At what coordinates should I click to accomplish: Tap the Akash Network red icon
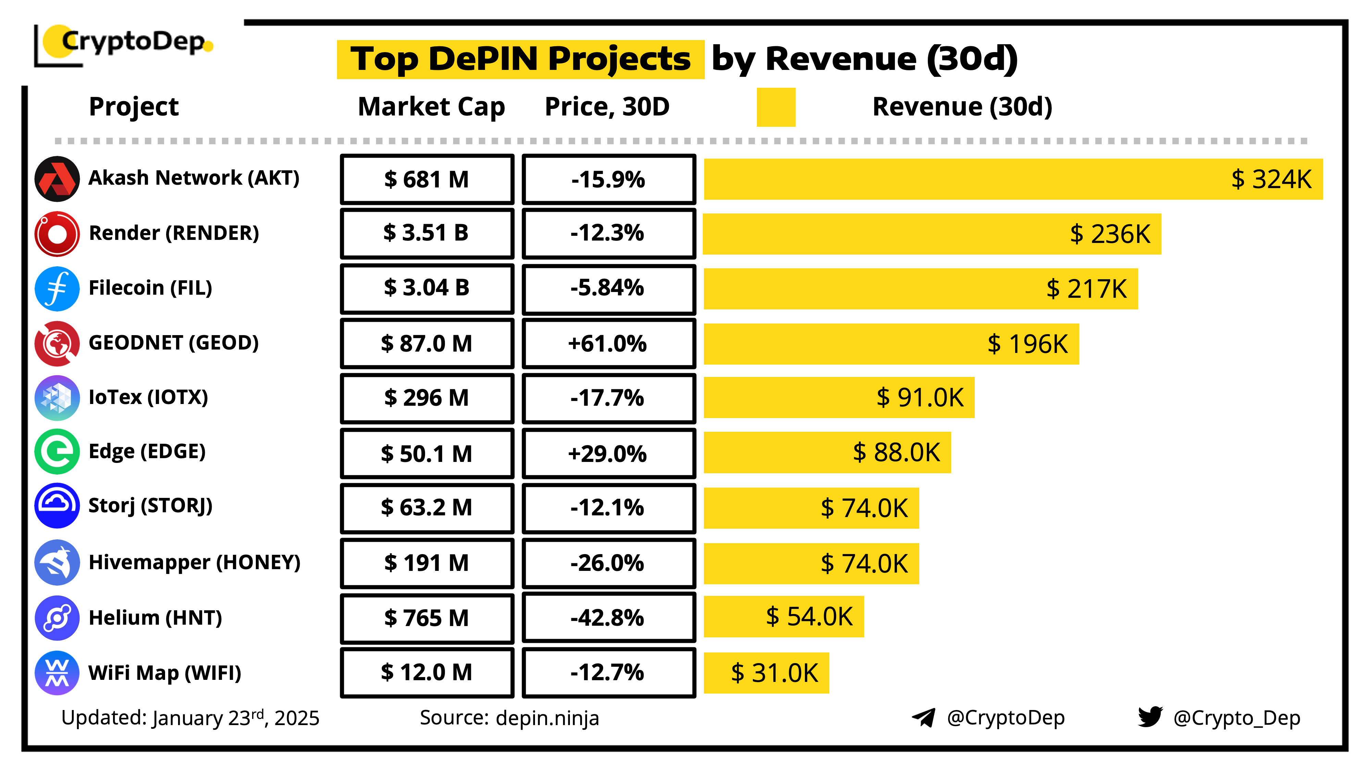tap(57, 179)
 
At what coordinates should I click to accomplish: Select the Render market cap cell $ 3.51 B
tap(426, 233)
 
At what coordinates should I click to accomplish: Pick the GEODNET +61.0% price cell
tap(608, 343)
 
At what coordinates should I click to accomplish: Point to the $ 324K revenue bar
tap(1013, 179)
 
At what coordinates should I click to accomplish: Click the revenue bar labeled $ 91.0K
tap(839, 397)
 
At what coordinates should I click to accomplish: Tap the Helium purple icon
tap(57, 618)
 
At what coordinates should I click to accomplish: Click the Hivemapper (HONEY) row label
tap(195, 562)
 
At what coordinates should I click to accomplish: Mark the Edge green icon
tap(57, 452)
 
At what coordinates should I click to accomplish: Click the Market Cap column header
tap(431, 107)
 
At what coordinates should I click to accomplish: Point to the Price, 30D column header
tap(607, 107)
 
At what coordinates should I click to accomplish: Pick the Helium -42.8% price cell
tap(608, 618)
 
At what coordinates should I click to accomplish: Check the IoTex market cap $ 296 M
tap(426, 397)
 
